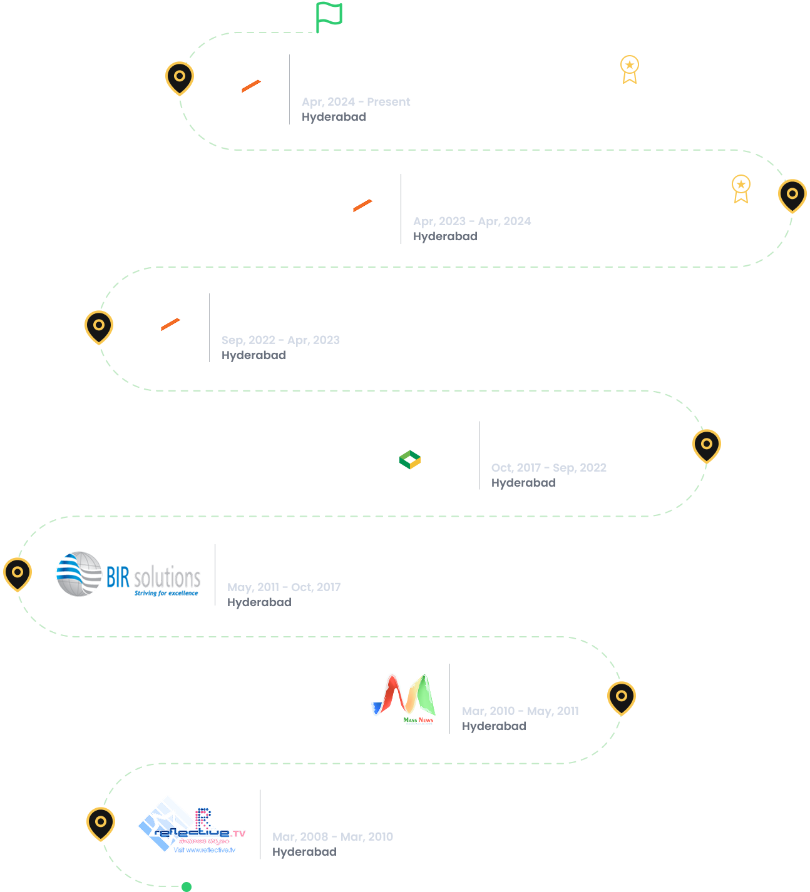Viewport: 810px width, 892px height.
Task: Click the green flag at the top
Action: click(329, 16)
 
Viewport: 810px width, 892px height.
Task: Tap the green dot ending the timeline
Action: click(186, 886)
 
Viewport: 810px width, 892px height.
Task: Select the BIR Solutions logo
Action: click(128, 574)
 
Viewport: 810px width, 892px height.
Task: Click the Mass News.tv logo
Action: click(404, 697)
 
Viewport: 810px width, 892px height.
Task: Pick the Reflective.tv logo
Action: click(192, 824)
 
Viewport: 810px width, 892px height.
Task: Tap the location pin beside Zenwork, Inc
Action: click(707, 445)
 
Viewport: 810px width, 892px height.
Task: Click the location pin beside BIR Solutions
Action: click(18, 572)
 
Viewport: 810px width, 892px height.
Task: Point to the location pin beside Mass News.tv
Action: click(622, 697)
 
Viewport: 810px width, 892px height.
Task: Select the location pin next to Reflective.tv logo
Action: click(101, 823)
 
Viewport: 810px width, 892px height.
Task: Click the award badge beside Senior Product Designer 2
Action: click(630, 69)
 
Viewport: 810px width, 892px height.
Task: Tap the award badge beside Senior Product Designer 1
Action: click(741, 188)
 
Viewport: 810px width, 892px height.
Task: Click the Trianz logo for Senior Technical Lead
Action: click(165, 328)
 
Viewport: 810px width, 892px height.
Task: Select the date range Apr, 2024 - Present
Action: click(356, 102)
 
